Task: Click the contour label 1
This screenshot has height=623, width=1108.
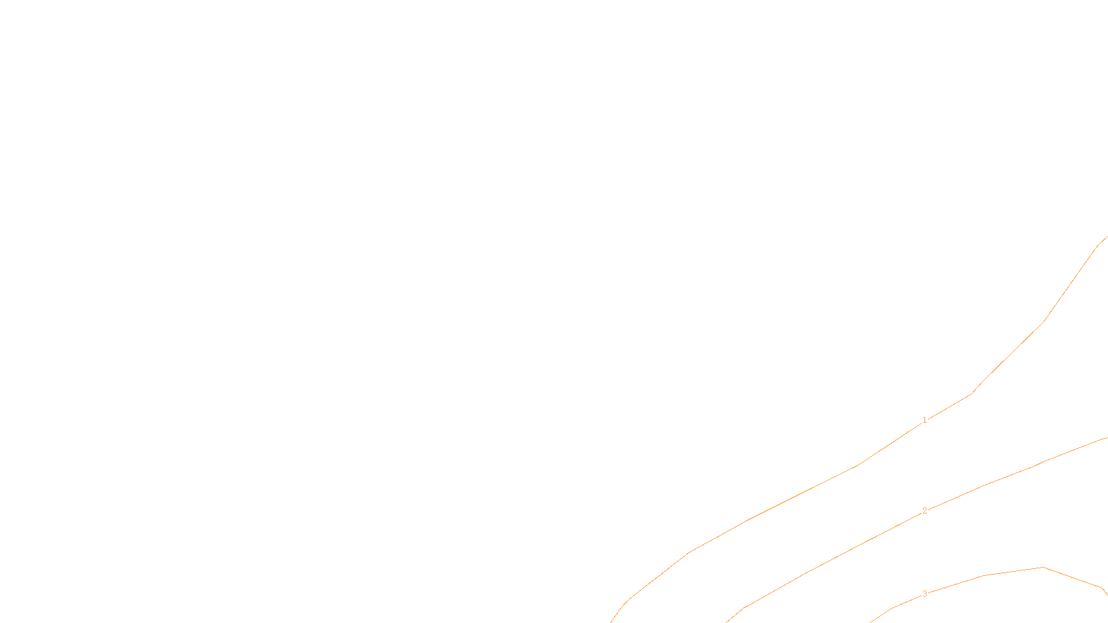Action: tap(924, 420)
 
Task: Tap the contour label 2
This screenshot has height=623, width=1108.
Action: tap(924, 511)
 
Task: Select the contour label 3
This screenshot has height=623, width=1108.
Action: tap(924, 594)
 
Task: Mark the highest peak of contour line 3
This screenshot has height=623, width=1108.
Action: tap(1042, 568)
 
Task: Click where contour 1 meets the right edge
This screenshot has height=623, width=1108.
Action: tap(1107, 237)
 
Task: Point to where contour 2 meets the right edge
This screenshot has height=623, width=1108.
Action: tap(1107, 437)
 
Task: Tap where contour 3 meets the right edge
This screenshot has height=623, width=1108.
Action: tap(1107, 594)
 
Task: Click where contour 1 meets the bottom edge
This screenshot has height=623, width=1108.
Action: tap(611, 622)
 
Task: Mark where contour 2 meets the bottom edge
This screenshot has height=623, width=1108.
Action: tap(727, 622)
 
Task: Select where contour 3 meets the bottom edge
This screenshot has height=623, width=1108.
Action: tap(871, 622)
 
